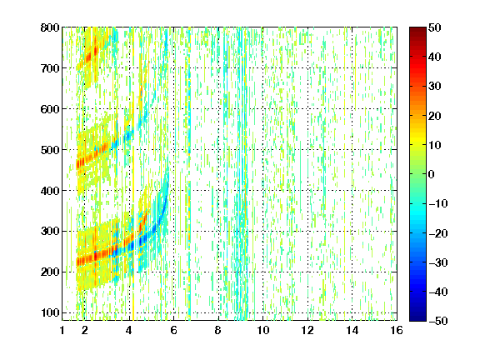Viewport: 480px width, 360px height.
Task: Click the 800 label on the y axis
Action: pos(50,27)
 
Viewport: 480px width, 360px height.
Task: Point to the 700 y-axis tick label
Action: pos(50,68)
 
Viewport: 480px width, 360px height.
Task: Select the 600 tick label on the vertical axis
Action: pos(50,109)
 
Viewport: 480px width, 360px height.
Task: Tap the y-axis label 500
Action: pos(50,150)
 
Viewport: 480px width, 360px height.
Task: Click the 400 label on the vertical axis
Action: pos(50,191)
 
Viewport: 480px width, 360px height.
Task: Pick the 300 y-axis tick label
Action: pos(50,232)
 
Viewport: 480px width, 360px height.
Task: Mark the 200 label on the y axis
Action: pos(50,272)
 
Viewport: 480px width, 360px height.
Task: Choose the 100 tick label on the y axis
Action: pos(50,312)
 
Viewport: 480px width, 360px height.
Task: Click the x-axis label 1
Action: pos(62,330)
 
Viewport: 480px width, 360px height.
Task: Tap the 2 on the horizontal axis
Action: pos(85,330)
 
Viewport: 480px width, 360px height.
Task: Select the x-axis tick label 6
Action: pos(173,330)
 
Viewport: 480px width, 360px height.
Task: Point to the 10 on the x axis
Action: pos(262,330)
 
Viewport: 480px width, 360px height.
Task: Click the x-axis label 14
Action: pos(352,330)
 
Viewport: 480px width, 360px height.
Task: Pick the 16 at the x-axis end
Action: pos(397,330)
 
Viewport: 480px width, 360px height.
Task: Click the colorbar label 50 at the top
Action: pos(434,27)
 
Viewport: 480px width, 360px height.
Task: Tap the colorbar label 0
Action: pos(432,174)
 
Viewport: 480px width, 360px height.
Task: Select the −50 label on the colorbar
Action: pos(437,321)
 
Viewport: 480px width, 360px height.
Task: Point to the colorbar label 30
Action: pos(434,87)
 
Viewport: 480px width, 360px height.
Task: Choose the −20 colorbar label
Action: pos(437,233)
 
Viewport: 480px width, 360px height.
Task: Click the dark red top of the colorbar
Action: pos(417,31)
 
